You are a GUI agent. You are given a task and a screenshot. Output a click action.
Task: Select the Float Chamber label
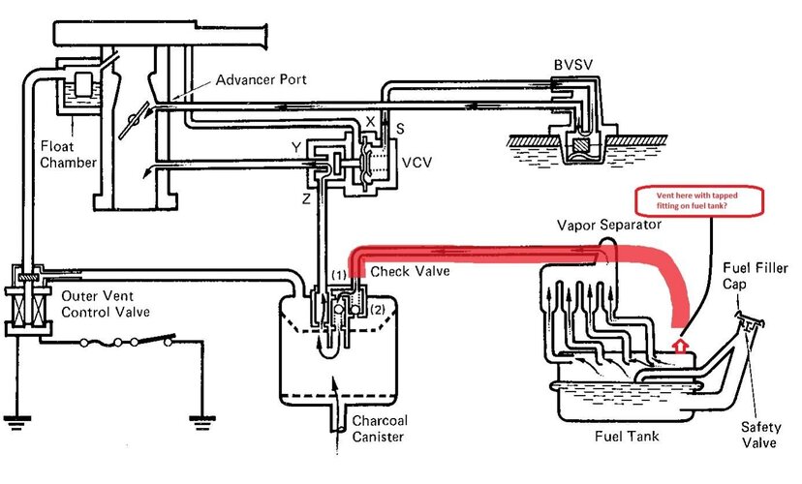click(68, 155)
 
